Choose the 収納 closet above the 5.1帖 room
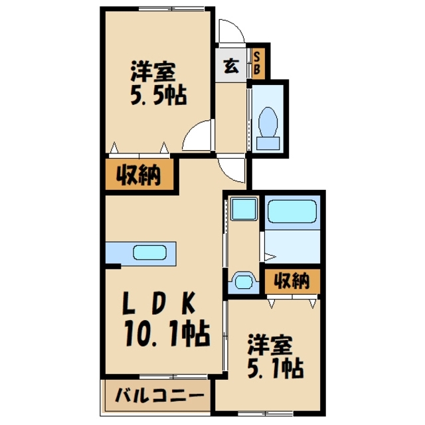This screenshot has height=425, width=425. coord(292,281)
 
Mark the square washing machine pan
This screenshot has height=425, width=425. coord(244,211)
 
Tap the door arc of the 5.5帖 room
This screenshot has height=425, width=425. coord(197,137)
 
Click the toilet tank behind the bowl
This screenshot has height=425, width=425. coord(270,143)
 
